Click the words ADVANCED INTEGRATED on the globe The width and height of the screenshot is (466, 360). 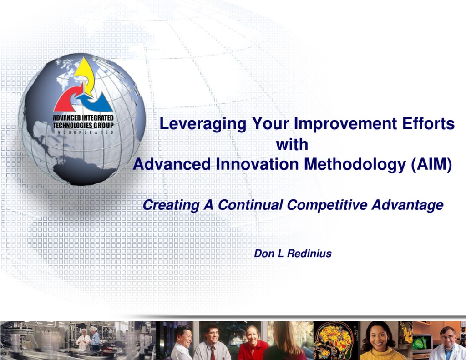[83, 118]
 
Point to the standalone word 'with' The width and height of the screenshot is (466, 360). [292, 145]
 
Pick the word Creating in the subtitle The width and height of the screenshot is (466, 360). [171, 205]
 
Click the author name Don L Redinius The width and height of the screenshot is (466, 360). [293, 254]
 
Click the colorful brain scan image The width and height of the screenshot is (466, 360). [335, 340]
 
